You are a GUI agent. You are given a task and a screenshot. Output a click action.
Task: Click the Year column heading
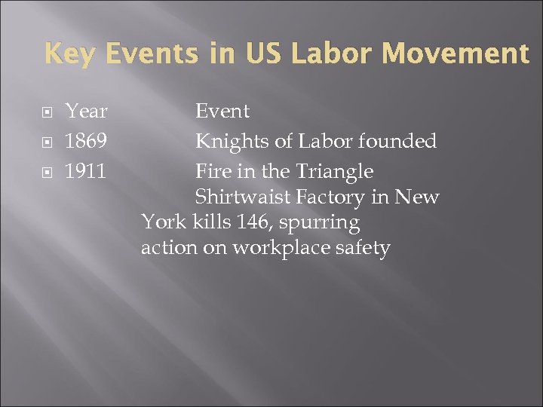86,112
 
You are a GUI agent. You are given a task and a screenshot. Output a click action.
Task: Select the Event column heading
222,112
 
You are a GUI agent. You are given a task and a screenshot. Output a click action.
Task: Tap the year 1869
85,142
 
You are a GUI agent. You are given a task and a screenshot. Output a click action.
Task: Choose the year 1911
85,172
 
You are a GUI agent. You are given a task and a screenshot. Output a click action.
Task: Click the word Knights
228,142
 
